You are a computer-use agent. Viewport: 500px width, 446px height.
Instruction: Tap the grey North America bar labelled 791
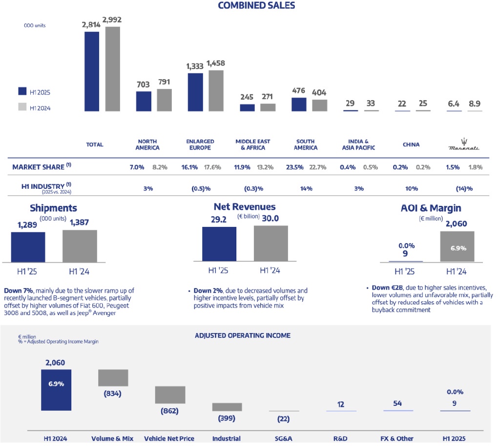[165, 100]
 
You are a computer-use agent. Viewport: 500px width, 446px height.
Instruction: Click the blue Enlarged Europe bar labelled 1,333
[195, 91]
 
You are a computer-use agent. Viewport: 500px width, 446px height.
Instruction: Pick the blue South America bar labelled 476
[299, 105]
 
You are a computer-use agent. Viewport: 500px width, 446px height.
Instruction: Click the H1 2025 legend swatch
[22, 91]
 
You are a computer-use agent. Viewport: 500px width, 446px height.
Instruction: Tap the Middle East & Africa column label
[252, 144]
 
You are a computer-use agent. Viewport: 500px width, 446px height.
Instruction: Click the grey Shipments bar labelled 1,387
[80, 246]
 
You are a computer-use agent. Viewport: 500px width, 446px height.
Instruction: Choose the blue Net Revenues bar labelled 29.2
[219, 245]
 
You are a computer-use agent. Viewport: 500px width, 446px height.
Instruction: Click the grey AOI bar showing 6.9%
[458, 247]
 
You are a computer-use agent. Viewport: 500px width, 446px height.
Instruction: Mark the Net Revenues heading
[245, 207]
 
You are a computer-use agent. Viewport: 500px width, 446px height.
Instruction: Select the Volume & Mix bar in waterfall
[113, 378]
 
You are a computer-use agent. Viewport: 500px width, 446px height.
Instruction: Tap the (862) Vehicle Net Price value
[169, 411]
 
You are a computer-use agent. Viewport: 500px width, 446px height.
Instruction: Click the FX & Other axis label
[398, 438]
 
